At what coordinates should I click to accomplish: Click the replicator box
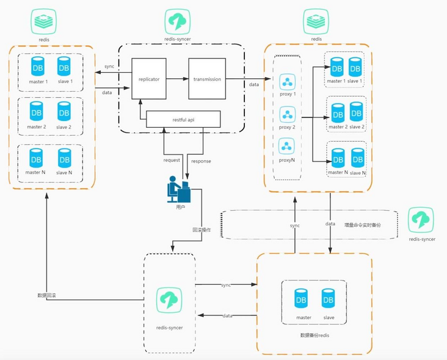click(148, 79)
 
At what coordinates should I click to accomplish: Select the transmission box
click(207, 79)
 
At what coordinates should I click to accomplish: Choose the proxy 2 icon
click(287, 114)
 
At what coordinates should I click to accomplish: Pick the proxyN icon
click(287, 146)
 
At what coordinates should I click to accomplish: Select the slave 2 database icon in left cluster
click(65, 111)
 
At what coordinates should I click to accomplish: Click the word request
click(172, 161)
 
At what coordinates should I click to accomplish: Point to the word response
click(201, 161)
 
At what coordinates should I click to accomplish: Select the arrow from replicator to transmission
click(176, 79)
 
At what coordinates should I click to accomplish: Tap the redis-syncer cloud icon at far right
click(421, 220)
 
